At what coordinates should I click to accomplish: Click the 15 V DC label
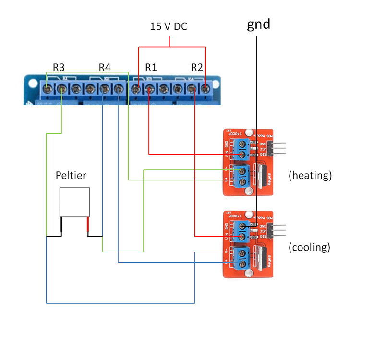click(169, 26)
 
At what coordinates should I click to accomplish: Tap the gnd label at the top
click(258, 24)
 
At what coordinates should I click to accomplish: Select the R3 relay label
click(59, 67)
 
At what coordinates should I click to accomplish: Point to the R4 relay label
click(105, 67)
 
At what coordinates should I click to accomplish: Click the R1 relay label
click(151, 67)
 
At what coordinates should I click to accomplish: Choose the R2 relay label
click(197, 67)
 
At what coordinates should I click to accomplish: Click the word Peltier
click(71, 175)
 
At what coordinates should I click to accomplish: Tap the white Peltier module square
click(74, 202)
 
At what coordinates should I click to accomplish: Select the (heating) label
click(310, 176)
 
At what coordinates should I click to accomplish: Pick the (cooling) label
click(310, 248)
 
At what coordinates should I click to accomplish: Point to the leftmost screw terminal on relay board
click(48, 89)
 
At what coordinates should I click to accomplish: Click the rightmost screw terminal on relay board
click(206, 89)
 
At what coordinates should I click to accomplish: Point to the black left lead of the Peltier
click(61, 226)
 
